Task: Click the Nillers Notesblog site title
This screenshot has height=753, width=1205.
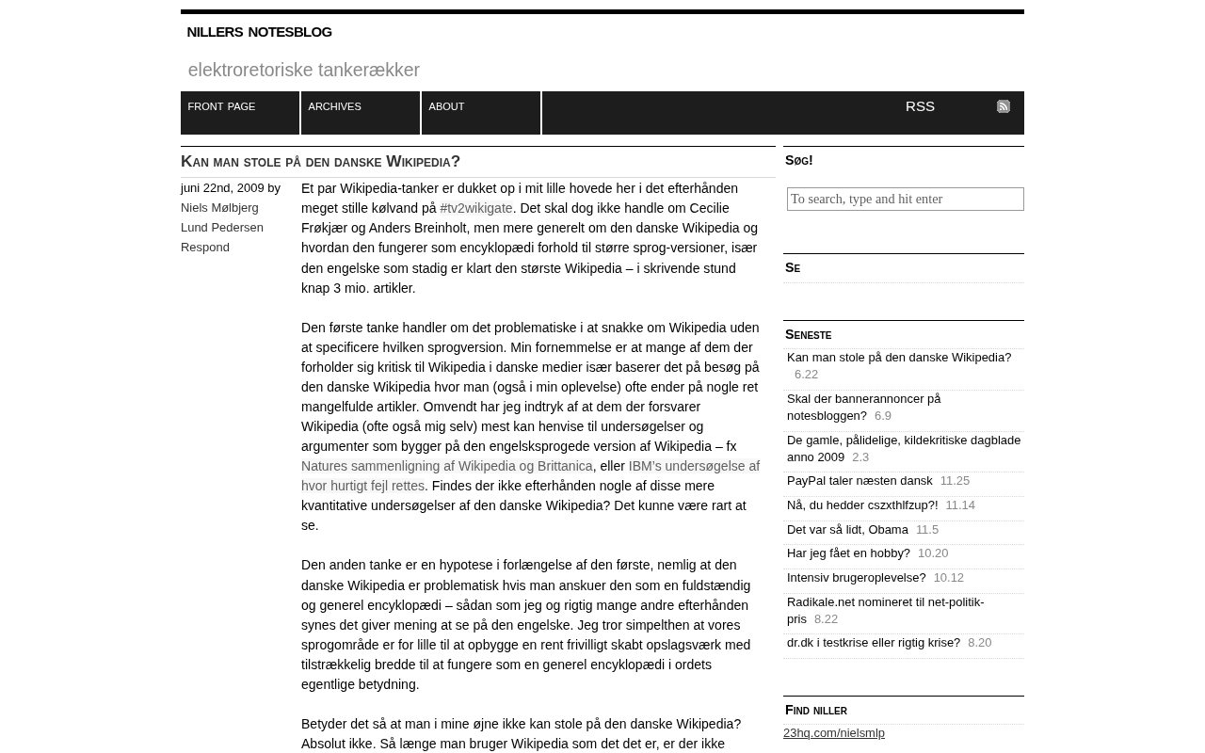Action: [259, 32]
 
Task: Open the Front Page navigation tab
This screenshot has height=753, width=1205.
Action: [222, 107]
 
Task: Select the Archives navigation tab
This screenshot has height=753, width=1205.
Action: [335, 107]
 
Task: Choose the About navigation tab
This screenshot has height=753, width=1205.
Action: [446, 107]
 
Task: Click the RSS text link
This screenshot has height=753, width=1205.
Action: [920, 106]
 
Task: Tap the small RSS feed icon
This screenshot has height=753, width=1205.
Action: [1004, 106]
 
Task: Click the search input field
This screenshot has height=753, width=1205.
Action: [905, 199]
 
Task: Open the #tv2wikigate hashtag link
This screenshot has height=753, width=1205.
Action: [476, 208]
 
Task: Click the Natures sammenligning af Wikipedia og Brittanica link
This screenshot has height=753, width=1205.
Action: [447, 466]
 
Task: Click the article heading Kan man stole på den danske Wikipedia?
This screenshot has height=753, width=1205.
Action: [320, 162]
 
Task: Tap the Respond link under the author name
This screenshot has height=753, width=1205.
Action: [205, 247]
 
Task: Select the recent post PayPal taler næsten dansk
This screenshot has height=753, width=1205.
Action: [860, 481]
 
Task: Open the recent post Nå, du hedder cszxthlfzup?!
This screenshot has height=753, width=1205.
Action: [862, 505]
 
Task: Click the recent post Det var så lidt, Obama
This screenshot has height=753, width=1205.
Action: [847, 530]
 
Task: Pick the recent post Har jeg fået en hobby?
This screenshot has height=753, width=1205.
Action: [848, 553]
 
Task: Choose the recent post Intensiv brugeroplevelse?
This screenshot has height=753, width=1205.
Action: [856, 578]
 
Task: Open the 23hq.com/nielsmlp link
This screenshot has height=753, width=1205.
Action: [834, 733]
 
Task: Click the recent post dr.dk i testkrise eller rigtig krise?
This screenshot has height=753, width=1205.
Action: [874, 643]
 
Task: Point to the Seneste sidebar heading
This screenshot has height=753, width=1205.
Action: [809, 335]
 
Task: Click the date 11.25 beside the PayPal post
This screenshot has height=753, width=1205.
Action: [955, 481]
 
